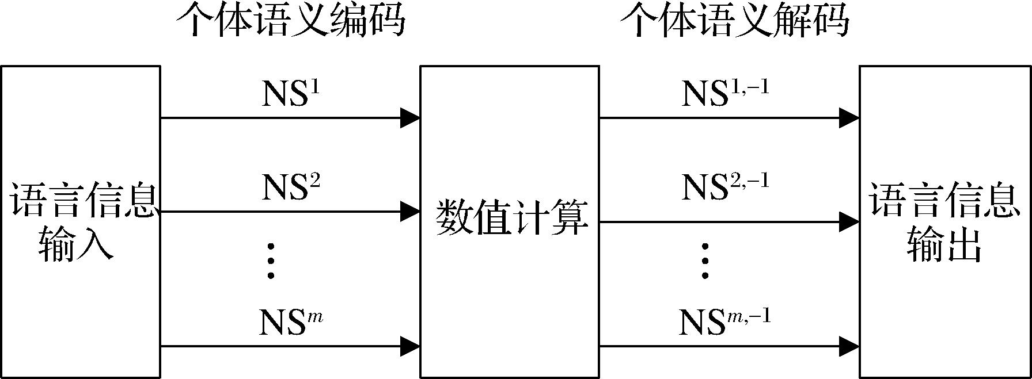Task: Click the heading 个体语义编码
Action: click(290, 22)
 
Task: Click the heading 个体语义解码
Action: click(734, 22)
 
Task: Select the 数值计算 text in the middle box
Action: click(512, 218)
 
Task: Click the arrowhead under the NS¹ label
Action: click(410, 118)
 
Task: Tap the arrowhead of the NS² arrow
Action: click(410, 212)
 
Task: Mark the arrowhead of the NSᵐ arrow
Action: click(410, 346)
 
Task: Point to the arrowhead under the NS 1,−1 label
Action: click(849, 118)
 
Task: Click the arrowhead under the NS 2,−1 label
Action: click(849, 222)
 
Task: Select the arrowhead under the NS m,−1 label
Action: click(849, 346)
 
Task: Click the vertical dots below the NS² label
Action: click(271, 261)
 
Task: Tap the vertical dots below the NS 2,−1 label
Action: click(705, 261)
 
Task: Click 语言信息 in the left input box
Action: click(84, 201)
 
